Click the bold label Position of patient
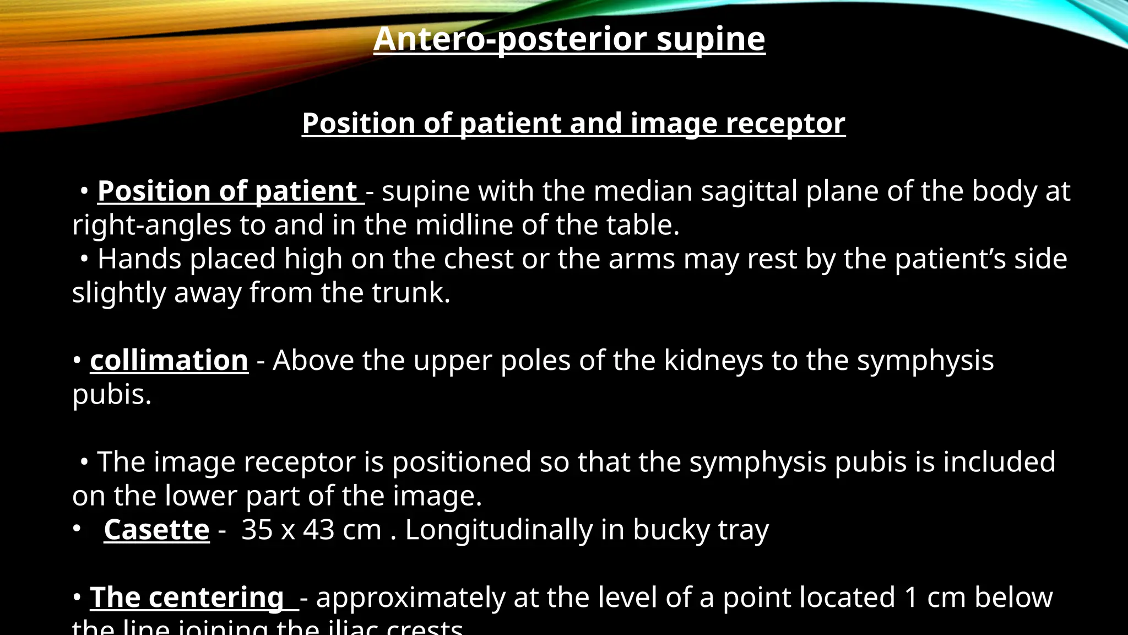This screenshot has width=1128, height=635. pos(227,191)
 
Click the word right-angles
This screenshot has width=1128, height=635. pos(151,225)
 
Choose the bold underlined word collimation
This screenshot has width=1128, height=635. pos(169,361)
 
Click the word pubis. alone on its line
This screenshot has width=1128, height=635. pos(112,395)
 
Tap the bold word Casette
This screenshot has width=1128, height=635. pos(156,530)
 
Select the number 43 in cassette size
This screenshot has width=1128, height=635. pos(318,530)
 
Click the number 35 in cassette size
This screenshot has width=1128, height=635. pos(257,530)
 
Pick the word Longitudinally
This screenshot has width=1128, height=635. pos(498,530)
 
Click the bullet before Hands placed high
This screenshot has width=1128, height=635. pos(84,259)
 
